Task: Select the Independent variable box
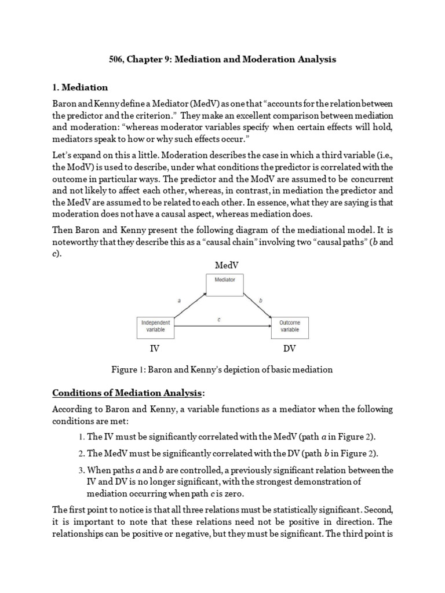155,326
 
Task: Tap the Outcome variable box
290,326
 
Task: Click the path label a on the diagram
179,300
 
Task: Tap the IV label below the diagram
155,349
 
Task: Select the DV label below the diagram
289,349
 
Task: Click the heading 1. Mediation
80,87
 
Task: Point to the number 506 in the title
118,59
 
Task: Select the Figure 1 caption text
222,369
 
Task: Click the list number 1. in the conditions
81,437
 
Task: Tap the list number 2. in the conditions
81,453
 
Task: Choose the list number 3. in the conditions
81,470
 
